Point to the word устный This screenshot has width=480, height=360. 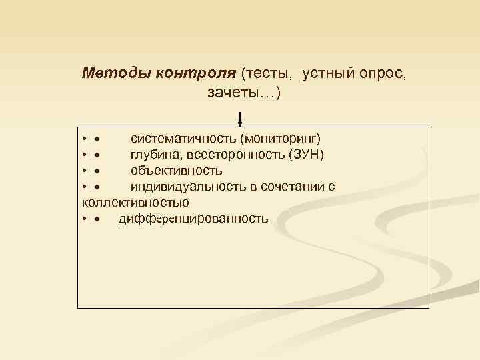(329, 73)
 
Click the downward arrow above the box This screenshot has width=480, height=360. (241, 121)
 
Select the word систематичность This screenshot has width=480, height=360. (184, 139)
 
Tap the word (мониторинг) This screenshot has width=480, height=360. (281, 139)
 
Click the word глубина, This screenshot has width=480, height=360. (155, 155)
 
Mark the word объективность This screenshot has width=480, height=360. (177, 171)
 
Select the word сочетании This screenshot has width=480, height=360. (295, 187)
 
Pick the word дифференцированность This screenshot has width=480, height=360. (193, 218)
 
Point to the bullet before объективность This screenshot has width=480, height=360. (97, 171)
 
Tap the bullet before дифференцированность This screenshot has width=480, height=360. (97, 219)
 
